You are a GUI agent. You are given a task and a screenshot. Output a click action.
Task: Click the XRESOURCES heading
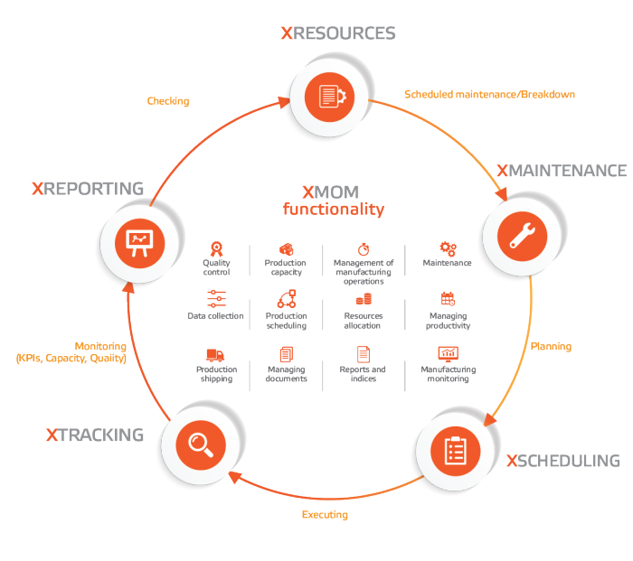tap(337, 33)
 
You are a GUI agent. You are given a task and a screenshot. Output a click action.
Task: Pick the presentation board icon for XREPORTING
tap(139, 240)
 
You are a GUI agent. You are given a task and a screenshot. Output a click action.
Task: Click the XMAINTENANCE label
tap(561, 171)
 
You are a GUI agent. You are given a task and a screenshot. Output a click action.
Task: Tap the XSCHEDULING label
tap(563, 461)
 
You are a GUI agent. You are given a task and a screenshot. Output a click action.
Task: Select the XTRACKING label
tap(94, 435)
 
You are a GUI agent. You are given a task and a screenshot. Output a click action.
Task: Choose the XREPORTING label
tap(87, 189)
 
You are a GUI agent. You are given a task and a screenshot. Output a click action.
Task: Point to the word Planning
tap(551, 346)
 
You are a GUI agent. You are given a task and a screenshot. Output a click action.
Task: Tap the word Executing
tap(324, 515)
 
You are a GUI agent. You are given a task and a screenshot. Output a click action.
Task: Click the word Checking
tap(168, 101)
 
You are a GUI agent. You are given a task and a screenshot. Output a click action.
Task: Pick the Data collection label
tap(215, 316)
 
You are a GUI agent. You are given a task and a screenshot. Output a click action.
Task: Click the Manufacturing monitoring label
tap(448, 374)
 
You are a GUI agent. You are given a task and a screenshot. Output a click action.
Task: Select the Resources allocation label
tap(364, 321)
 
